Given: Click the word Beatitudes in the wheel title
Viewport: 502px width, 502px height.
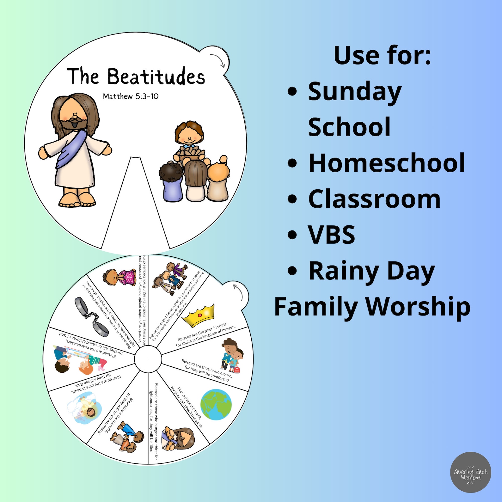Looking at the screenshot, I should [x=156, y=77].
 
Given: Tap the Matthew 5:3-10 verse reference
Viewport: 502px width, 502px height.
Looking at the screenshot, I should [x=131, y=96].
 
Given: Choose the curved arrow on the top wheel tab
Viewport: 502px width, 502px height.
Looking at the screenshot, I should [x=218, y=60].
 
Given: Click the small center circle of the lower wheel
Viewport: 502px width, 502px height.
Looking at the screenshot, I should [x=148, y=359].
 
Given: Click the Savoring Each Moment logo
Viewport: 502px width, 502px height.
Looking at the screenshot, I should [x=470, y=472].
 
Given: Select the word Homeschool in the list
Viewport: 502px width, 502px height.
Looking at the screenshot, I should [x=386, y=163].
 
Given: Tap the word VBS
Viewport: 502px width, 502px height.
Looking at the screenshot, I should [x=332, y=235].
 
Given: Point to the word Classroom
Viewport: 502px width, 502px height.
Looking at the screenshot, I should [x=374, y=199].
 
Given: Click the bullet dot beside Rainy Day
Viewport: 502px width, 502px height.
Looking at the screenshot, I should [x=292, y=271].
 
